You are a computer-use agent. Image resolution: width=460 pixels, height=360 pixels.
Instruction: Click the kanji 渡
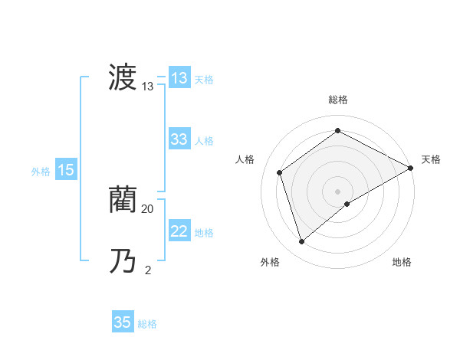(x=123, y=78)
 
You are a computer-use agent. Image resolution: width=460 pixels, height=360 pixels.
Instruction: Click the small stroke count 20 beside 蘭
(x=148, y=208)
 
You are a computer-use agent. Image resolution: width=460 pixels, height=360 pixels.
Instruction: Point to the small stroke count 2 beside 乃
(x=148, y=270)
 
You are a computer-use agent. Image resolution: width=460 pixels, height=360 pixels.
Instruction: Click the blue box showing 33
(x=179, y=139)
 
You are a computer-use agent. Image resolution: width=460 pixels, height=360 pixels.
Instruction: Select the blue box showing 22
(x=179, y=231)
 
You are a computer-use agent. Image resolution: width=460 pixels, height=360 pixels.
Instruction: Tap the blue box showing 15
(x=66, y=171)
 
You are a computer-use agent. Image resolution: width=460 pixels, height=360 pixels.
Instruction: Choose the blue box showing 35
(x=123, y=322)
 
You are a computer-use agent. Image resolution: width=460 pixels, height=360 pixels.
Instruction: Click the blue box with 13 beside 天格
(x=179, y=78)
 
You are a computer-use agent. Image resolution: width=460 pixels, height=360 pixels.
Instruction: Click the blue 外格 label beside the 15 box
(x=41, y=172)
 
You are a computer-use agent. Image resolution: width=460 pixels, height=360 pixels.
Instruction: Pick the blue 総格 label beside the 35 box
(x=147, y=324)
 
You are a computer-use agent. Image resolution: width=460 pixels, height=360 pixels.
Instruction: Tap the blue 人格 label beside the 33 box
(x=205, y=141)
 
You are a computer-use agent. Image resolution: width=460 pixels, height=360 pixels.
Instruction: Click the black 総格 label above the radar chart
(x=338, y=100)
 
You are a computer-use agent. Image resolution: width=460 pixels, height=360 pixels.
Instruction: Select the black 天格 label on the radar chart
(x=431, y=159)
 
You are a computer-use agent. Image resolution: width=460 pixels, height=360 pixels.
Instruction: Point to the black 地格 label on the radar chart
(x=402, y=263)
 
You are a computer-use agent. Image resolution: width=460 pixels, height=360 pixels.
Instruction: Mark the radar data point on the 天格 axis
(x=411, y=168)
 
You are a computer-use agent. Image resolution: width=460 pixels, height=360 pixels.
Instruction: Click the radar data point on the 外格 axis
(x=302, y=242)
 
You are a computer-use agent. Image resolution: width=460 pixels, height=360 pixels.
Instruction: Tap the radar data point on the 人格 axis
(x=280, y=172)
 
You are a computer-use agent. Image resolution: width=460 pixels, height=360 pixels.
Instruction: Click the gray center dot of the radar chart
(x=337, y=191)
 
